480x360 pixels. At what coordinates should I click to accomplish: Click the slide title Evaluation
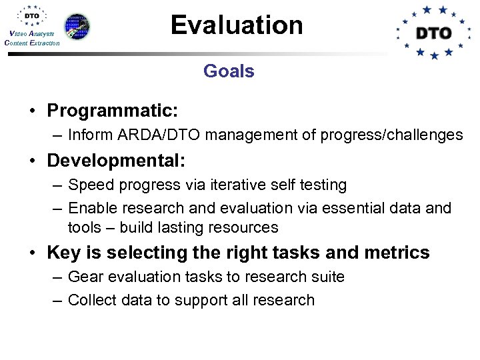(x=237, y=25)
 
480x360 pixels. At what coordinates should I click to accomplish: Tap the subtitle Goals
(x=229, y=71)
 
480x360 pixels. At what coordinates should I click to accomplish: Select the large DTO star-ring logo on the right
(x=433, y=32)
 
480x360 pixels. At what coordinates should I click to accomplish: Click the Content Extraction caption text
(x=31, y=43)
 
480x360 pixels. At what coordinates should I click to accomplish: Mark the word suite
(x=327, y=277)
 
